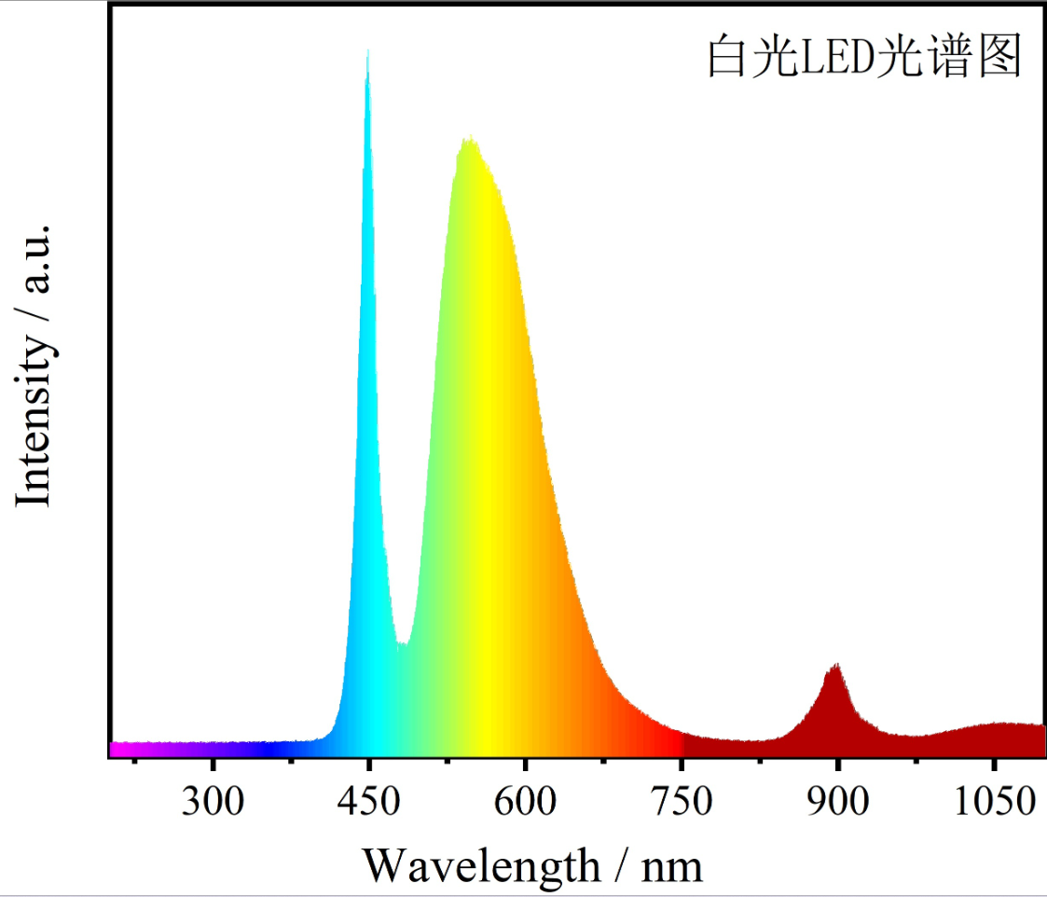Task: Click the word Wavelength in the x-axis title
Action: (481, 865)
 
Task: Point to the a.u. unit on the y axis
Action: (34, 257)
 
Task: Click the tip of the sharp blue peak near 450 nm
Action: (367, 51)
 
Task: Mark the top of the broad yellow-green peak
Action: (470, 140)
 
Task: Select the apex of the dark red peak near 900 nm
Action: (835, 666)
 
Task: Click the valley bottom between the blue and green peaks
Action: (402, 643)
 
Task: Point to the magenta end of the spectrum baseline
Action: (117, 749)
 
